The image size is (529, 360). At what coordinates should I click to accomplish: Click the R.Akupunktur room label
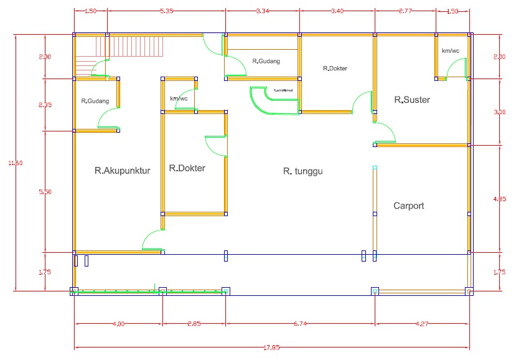click(x=123, y=169)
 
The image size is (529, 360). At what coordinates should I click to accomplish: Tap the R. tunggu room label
click(x=306, y=171)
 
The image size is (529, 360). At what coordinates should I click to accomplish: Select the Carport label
click(x=409, y=206)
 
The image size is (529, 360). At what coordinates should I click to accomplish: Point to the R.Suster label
click(x=412, y=100)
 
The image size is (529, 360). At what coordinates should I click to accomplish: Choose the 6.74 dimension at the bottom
click(x=300, y=323)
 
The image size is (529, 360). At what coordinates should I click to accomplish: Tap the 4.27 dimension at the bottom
click(x=421, y=323)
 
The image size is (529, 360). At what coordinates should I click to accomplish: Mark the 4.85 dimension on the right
click(x=499, y=199)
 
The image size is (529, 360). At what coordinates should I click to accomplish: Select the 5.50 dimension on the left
click(x=45, y=192)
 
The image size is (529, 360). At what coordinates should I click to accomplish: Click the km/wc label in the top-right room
click(x=450, y=50)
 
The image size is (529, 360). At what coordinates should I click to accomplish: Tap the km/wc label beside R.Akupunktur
click(x=179, y=98)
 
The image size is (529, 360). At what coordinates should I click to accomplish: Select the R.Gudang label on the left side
click(x=95, y=101)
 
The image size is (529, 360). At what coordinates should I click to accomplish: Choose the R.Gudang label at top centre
click(x=266, y=61)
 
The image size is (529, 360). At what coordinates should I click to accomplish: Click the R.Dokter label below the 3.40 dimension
click(x=335, y=69)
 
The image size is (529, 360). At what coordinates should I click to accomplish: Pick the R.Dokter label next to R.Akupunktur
click(x=187, y=168)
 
